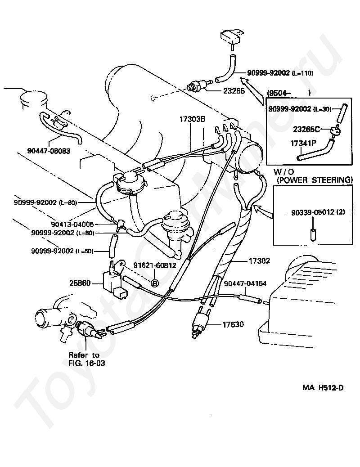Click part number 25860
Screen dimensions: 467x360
pos(80,283)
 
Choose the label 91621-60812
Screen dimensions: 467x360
pos(154,265)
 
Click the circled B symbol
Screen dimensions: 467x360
pos(154,283)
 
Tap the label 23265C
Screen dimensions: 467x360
pos(306,129)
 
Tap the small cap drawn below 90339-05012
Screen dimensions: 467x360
pos(312,234)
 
